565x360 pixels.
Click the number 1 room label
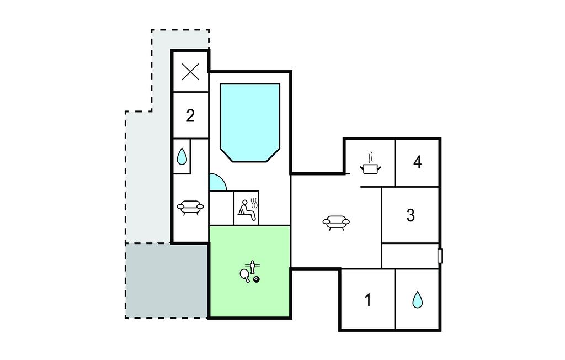pyautogui.click(x=368, y=300)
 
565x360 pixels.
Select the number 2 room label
pyautogui.click(x=190, y=115)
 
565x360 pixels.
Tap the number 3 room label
pyautogui.click(x=411, y=215)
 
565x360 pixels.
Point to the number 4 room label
pyautogui.click(x=417, y=162)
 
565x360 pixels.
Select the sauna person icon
pyautogui.click(x=248, y=210)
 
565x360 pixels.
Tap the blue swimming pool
pyautogui.click(x=250, y=123)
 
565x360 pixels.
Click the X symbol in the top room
pyautogui.click(x=190, y=71)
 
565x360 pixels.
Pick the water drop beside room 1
pyautogui.click(x=417, y=300)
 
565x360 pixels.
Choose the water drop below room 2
pyautogui.click(x=182, y=157)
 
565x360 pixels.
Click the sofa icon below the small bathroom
pyautogui.click(x=190, y=208)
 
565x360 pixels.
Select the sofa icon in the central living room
pyautogui.click(x=336, y=222)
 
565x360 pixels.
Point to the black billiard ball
pyautogui.click(x=257, y=279)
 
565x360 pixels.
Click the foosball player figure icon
pyautogui.click(x=253, y=267)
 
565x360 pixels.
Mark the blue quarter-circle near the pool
pyautogui.click(x=217, y=182)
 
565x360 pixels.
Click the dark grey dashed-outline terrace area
pyautogui.click(x=167, y=280)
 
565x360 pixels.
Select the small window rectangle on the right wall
pyautogui.click(x=440, y=256)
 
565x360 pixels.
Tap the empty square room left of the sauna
pyautogui.click(x=221, y=208)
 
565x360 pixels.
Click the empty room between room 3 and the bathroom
pyautogui.click(x=410, y=256)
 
